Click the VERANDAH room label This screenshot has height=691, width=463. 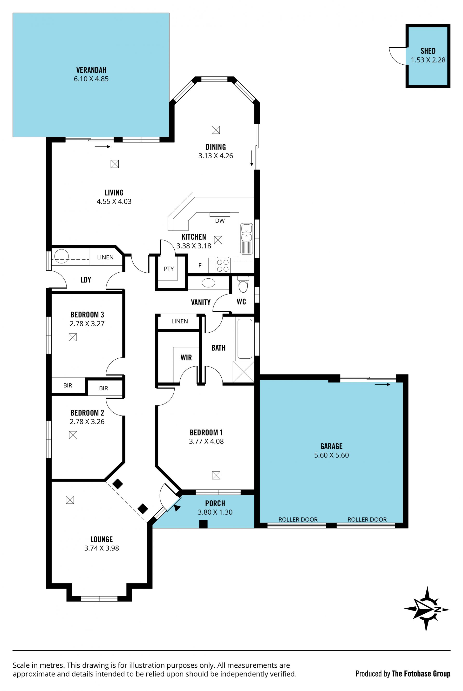(91, 70)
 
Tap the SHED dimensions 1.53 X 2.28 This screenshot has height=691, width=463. (428, 60)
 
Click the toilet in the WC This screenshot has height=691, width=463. (243, 284)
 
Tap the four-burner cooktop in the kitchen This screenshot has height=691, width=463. (223, 265)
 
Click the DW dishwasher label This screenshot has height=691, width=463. (220, 221)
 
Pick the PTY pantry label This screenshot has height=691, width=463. (169, 269)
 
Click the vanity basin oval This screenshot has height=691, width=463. (208, 283)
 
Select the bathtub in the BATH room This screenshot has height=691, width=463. (245, 339)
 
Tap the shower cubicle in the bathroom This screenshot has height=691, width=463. (243, 372)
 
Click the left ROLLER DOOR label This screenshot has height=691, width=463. (298, 519)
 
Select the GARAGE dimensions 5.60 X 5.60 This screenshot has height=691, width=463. (331, 455)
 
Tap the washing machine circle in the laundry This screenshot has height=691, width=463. (61, 256)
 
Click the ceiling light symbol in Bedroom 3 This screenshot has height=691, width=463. (73, 337)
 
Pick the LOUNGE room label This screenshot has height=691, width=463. (102, 539)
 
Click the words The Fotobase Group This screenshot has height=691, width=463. (421, 674)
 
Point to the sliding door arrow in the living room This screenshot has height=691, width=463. (102, 147)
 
